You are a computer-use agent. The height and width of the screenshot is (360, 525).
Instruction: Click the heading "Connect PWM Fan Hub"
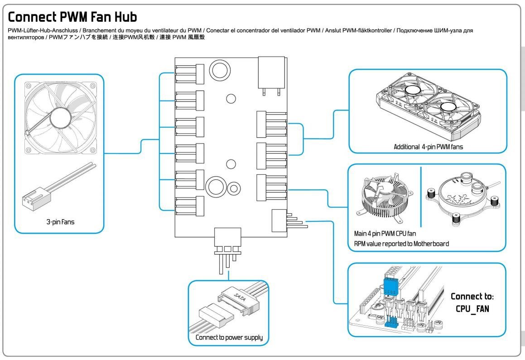(x=72, y=18)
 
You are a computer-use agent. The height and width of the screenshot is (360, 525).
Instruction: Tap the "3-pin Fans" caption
(x=59, y=222)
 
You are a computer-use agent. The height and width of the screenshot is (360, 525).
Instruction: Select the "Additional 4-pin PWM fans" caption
(x=428, y=147)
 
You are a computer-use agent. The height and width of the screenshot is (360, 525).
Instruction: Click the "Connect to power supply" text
(x=229, y=338)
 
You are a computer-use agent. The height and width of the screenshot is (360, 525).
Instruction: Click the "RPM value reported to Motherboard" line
(x=401, y=244)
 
